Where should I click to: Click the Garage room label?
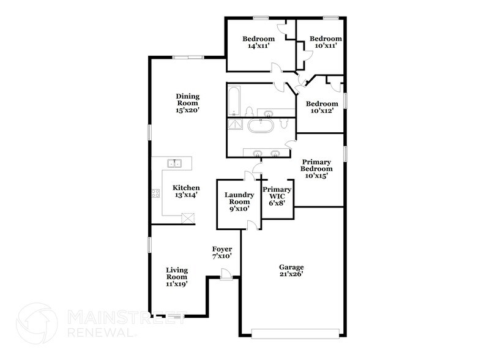[x=291, y=267]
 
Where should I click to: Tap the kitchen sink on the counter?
[x=174, y=163]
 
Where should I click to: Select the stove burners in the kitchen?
[x=155, y=193]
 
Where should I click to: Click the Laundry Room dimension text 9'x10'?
[x=240, y=209]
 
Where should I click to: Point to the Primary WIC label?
[x=277, y=193]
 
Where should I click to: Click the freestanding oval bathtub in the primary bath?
[x=261, y=126]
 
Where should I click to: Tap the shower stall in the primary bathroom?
[x=235, y=124]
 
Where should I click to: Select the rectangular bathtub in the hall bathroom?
[x=234, y=101]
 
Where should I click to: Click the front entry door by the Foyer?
[x=226, y=274]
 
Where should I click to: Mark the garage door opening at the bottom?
[x=295, y=334]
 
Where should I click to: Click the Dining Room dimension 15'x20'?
[x=187, y=110]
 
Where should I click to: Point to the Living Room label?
[x=177, y=274]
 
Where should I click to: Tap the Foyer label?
[x=222, y=249]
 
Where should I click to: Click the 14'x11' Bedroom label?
[x=259, y=42]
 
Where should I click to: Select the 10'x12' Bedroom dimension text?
[x=322, y=111]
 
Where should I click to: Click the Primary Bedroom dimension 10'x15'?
[x=316, y=176]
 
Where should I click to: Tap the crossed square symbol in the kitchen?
[x=188, y=219]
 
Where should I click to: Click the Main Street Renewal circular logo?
[x=37, y=323]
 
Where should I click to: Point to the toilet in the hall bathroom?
[x=250, y=111]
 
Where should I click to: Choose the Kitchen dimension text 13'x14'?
[x=186, y=195]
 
